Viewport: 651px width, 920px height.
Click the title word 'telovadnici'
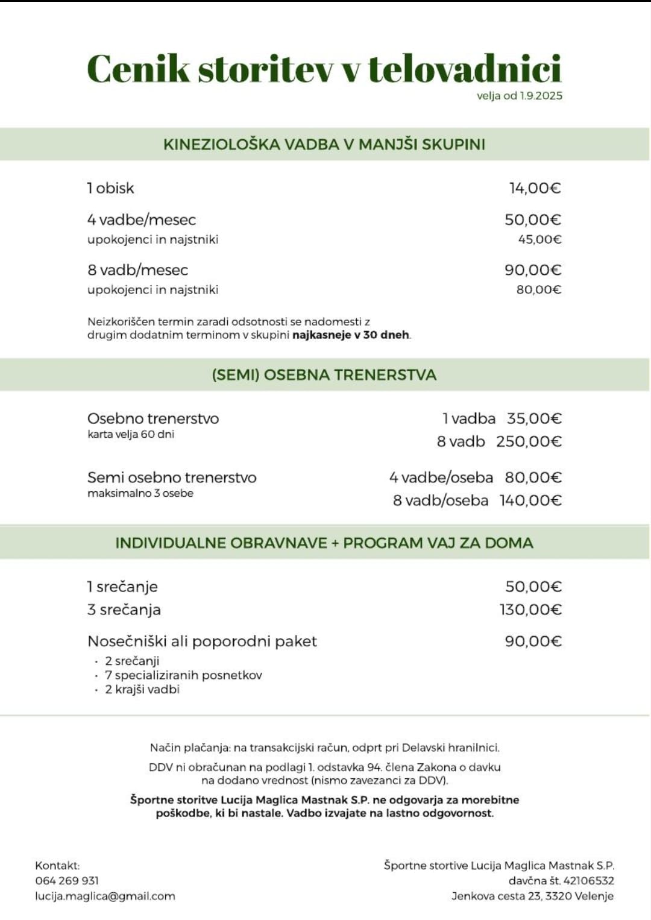point(465,69)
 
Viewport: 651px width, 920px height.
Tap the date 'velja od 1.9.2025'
point(519,96)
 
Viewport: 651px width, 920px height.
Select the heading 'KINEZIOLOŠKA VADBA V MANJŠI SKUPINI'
point(324,145)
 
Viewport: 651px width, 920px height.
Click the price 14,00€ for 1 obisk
point(535,189)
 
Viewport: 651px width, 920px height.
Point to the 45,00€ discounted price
point(539,240)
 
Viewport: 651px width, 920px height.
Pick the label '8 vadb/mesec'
point(137,270)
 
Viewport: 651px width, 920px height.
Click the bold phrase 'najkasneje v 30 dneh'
point(351,335)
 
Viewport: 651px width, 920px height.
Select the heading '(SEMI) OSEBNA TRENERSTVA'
point(324,375)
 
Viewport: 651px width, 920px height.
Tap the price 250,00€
point(529,442)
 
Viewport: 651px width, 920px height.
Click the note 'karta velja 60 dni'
point(131,435)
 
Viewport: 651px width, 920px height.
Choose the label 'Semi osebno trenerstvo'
point(172,478)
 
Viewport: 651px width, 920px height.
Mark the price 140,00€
point(530,501)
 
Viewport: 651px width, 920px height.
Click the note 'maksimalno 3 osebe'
point(140,494)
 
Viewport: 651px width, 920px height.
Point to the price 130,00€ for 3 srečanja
point(530,610)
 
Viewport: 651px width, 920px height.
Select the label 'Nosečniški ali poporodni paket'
point(202,641)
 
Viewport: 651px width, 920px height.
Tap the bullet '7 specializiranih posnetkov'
point(183,675)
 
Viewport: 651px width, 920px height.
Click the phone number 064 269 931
point(67,881)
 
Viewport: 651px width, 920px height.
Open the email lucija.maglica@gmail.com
point(105,896)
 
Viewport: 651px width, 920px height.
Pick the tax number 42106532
point(588,881)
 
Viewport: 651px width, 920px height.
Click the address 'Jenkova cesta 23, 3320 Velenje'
point(533,896)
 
